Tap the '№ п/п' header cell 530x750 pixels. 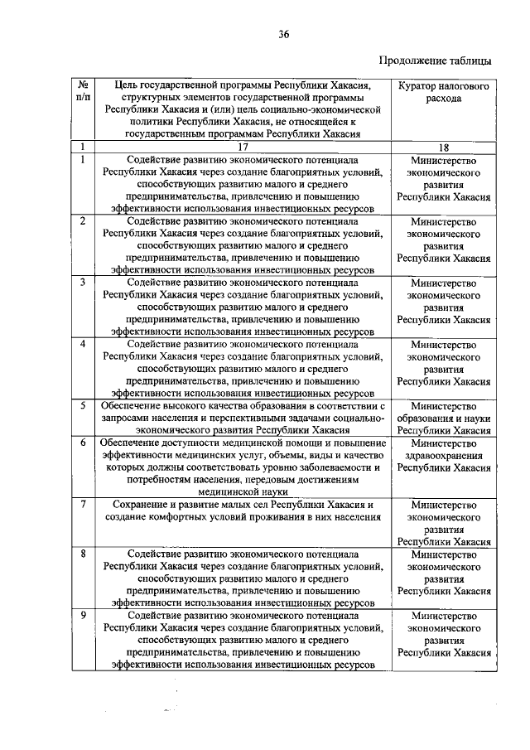[83, 91]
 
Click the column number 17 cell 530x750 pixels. [243, 146]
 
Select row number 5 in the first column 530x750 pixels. [83, 405]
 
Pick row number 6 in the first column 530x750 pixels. [83, 443]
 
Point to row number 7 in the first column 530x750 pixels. [83, 504]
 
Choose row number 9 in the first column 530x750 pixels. [83, 616]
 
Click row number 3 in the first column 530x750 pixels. [83, 282]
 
